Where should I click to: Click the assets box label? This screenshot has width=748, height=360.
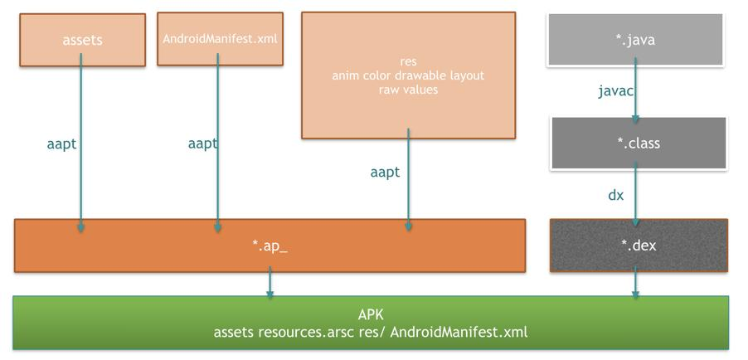(82, 39)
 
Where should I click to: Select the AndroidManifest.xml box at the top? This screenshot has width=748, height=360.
(219, 38)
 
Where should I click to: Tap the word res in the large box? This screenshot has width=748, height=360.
(408, 61)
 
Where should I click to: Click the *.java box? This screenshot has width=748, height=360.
(635, 39)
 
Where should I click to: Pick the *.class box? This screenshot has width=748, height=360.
(639, 143)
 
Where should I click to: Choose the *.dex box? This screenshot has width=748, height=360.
(639, 246)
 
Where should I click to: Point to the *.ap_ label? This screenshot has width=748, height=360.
(270, 246)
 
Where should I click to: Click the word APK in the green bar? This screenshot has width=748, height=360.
(371, 315)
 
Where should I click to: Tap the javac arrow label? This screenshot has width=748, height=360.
(616, 90)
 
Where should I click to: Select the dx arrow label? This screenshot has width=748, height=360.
(615, 195)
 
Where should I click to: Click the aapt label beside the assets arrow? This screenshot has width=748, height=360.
(61, 144)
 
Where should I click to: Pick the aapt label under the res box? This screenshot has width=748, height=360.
(385, 172)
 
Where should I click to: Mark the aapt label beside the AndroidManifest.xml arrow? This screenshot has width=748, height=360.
(202, 144)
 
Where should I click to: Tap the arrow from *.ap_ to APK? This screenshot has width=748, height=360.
(270, 285)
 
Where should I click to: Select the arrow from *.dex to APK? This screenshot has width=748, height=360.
(635, 285)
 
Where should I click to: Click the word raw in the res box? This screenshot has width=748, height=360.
(391, 90)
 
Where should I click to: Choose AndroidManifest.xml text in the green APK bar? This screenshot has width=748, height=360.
(459, 332)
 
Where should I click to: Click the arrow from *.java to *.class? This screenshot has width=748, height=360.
(635, 91)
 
